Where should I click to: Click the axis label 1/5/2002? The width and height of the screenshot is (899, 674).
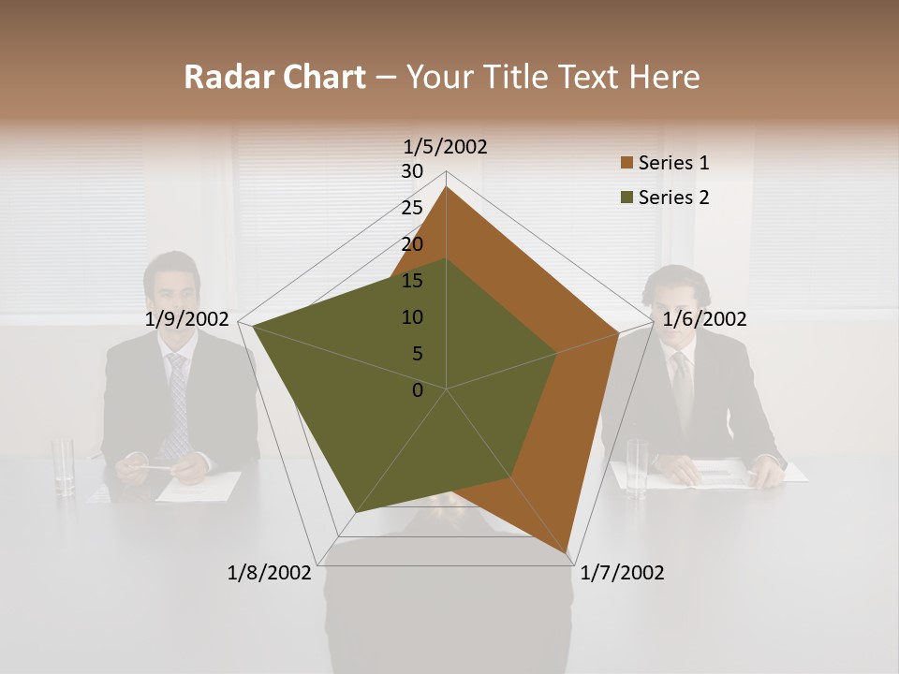click(446, 147)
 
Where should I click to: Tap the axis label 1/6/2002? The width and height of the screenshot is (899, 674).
click(704, 319)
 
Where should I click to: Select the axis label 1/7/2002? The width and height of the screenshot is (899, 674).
click(622, 573)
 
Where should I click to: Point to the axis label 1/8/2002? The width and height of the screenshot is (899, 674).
click(269, 573)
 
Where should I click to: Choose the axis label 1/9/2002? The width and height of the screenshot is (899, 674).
click(187, 319)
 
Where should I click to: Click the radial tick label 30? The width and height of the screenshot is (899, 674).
click(412, 171)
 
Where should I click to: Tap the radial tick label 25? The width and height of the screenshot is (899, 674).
click(412, 208)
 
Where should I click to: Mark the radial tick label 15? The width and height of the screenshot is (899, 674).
click(412, 281)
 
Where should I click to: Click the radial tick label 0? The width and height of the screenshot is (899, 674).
click(418, 390)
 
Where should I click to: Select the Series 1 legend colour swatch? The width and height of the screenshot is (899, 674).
click(626, 164)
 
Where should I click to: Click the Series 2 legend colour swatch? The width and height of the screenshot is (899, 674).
click(626, 198)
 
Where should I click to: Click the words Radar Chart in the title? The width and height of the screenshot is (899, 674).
click(274, 77)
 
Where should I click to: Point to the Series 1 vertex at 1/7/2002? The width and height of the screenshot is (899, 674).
click(569, 557)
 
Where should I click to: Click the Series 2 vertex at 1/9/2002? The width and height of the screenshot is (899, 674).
click(252, 326)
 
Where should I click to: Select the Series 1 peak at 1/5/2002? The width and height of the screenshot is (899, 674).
click(446, 188)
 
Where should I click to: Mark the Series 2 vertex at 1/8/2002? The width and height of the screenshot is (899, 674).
click(356, 512)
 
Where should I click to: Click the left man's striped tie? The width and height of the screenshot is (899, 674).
click(175, 403)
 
